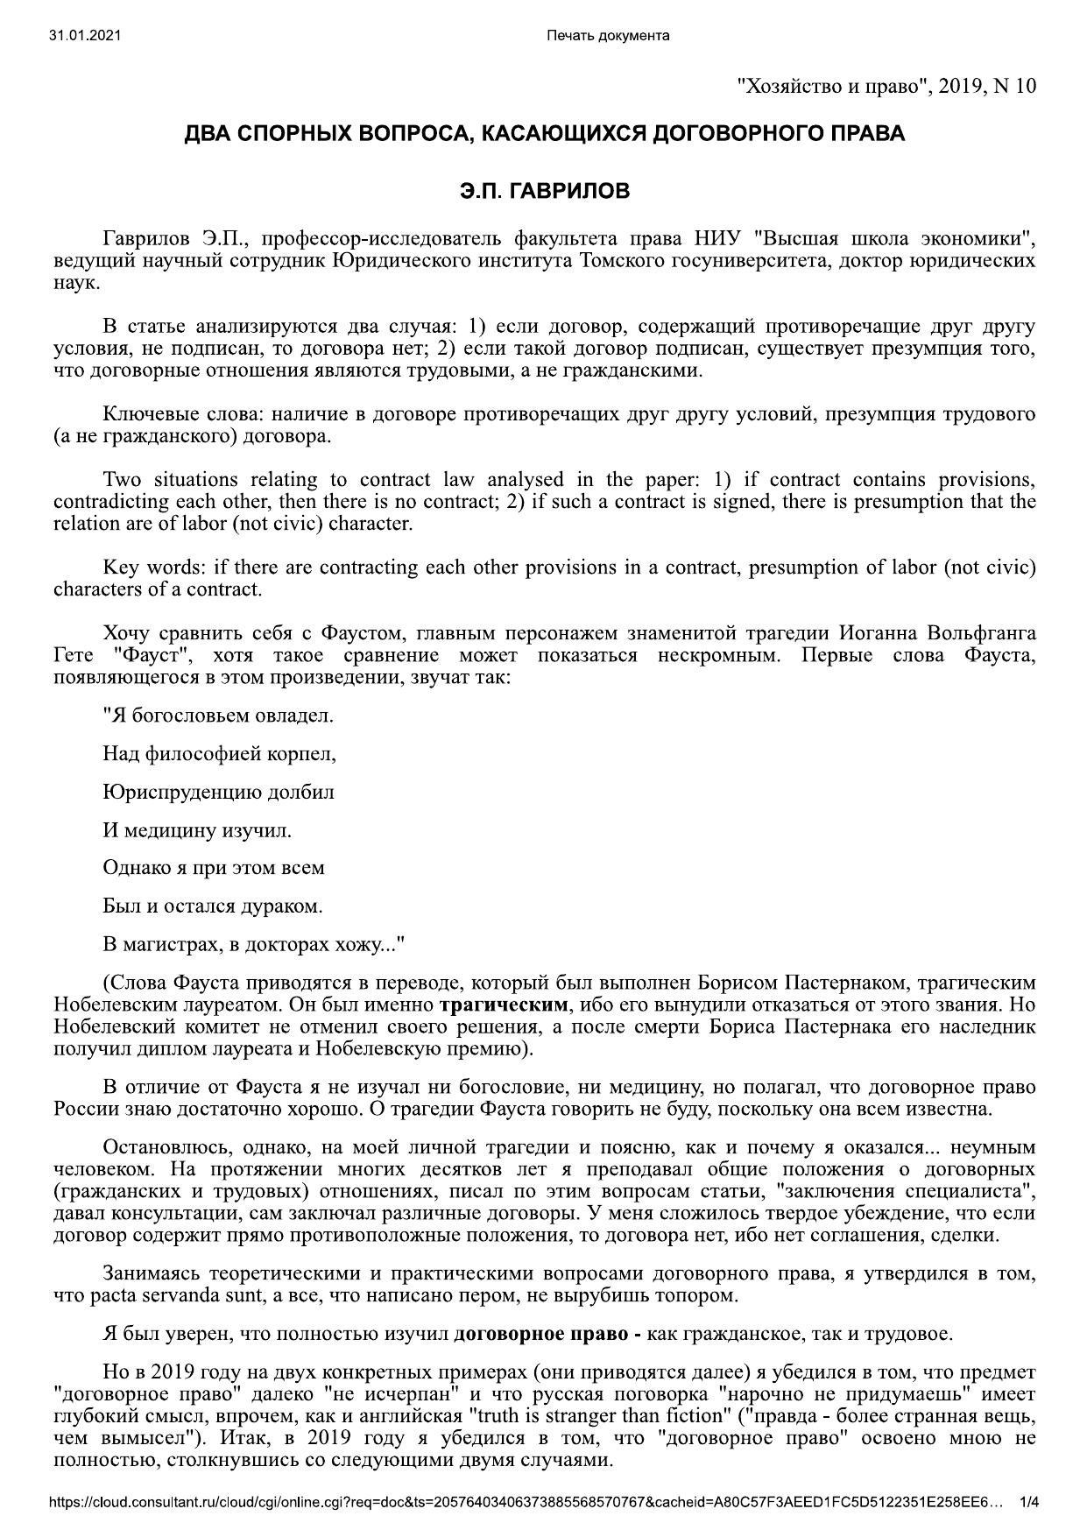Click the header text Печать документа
click(x=607, y=35)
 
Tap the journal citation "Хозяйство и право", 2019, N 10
click(x=886, y=86)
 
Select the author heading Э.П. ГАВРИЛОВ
click(x=544, y=191)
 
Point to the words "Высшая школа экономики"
click(x=895, y=238)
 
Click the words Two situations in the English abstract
click(x=169, y=479)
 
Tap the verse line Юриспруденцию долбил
click(x=218, y=792)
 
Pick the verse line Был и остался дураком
click(x=212, y=906)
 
